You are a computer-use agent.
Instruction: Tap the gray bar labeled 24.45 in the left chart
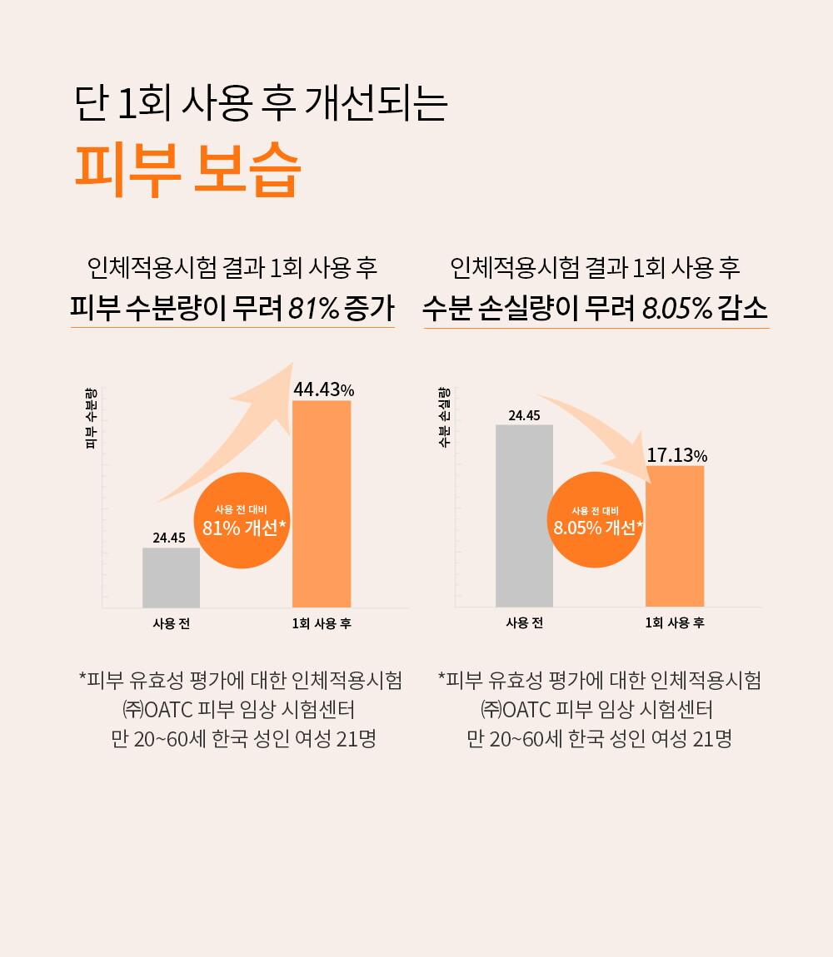pyautogui.click(x=171, y=578)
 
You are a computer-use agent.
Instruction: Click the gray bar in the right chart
pyautogui.click(x=524, y=515)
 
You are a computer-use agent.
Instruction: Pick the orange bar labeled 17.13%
pyautogui.click(x=675, y=536)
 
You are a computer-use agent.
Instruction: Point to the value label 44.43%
pyautogui.click(x=324, y=389)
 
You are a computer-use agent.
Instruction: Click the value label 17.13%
pyautogui.click(x=676, y=455)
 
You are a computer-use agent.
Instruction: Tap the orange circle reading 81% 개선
pyautogui.click(x=243, y=521)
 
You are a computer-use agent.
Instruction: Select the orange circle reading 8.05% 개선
pyautogui.click(x=595, y=521)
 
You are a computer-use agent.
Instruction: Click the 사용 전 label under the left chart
pyautogui.click(x=171, y=623)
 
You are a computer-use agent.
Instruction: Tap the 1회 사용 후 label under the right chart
pyautogui.click(x=675, y=623)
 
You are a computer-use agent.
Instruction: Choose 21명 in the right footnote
pyautogui.click(x=712, y=739)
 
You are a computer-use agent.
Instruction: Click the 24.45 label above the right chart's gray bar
pyautogui.click(x=524, y=415)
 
